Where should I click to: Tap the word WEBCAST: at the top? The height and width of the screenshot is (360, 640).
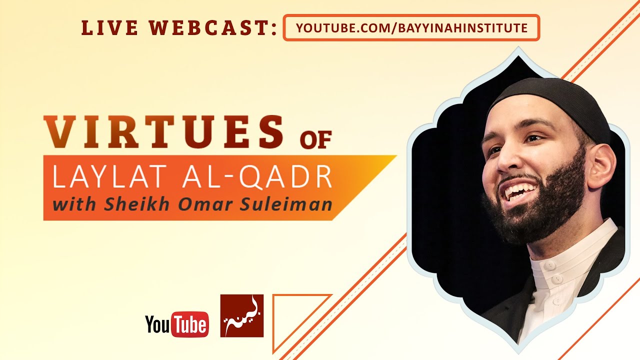213,28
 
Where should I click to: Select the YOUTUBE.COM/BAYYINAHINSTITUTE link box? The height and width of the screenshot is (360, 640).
411,27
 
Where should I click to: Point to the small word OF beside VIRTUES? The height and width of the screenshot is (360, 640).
315,140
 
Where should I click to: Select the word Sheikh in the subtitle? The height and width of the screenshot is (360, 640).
136,204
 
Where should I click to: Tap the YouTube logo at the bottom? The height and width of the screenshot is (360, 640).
177,324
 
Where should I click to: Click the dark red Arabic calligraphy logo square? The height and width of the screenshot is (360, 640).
241,315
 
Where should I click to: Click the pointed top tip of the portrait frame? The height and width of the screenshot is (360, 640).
518,47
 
